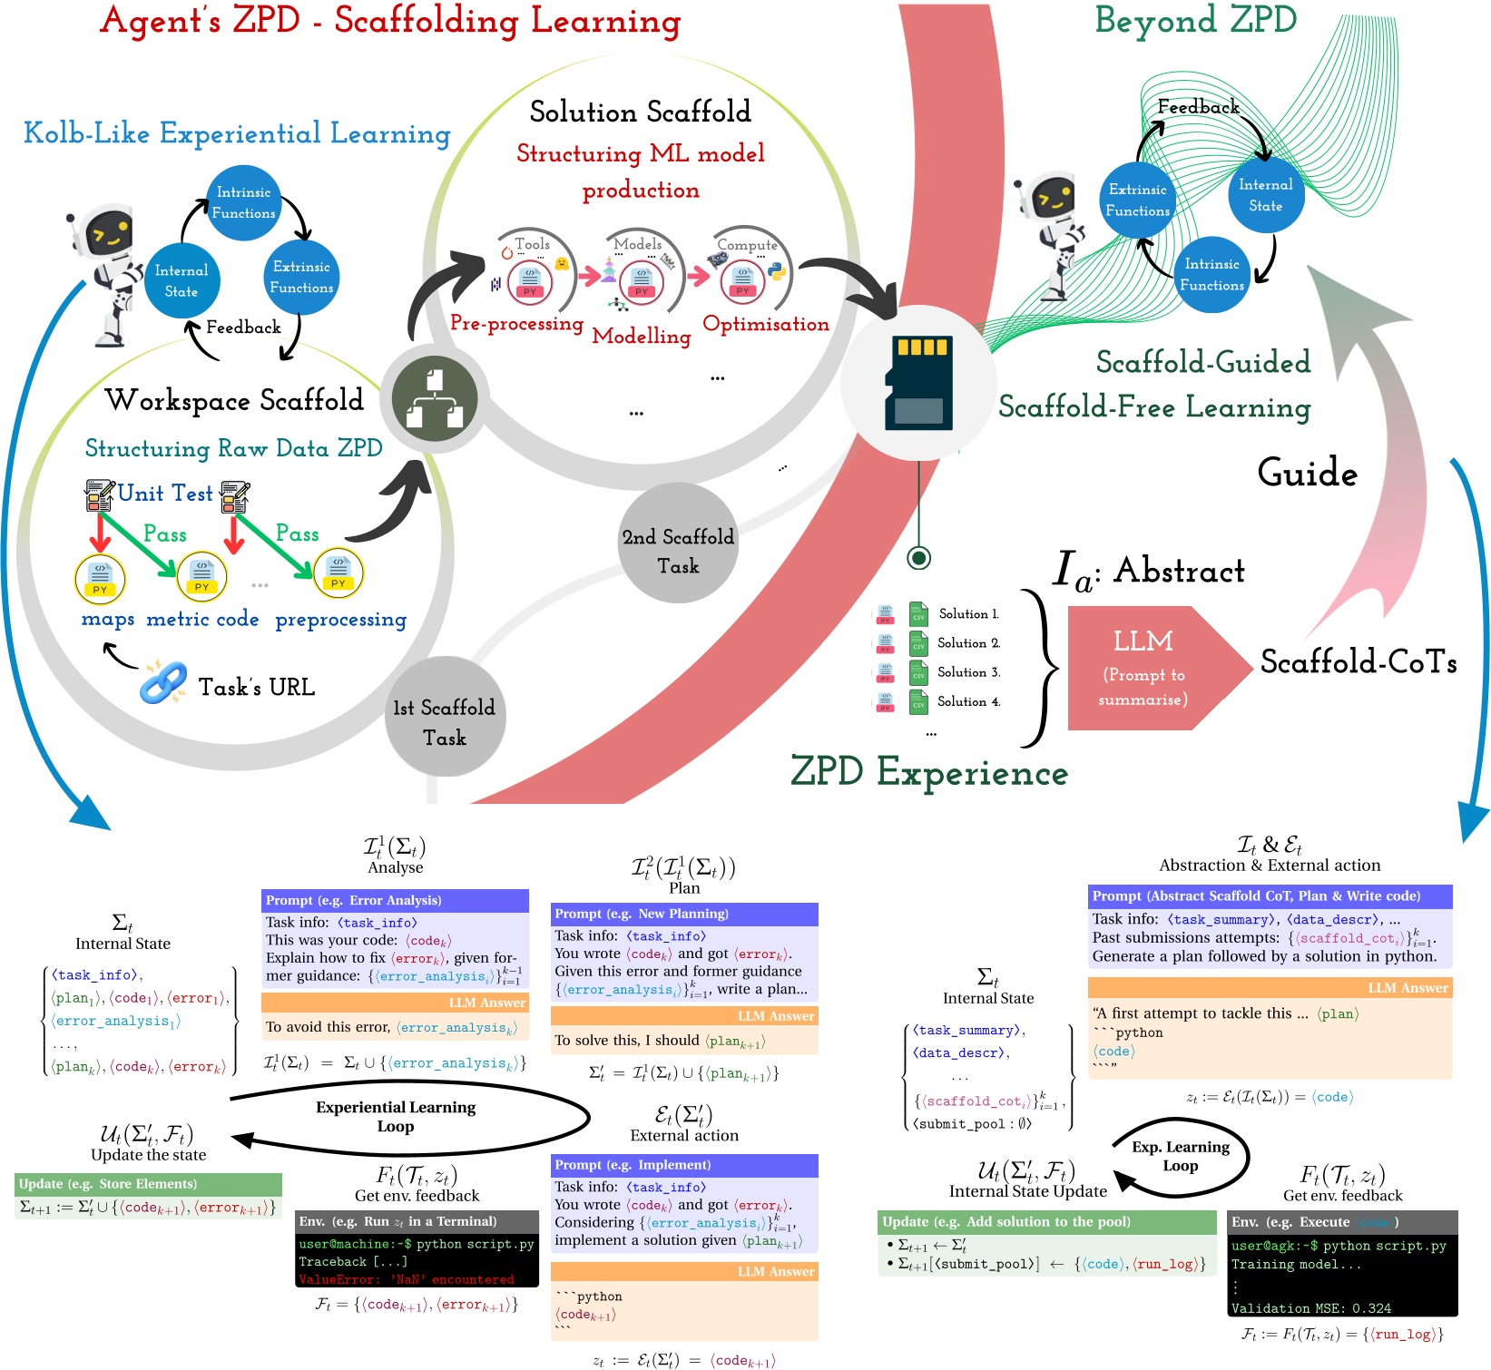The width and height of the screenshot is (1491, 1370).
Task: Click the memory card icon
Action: pos(918,383)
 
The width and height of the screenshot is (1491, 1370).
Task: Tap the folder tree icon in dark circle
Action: pos(435,398)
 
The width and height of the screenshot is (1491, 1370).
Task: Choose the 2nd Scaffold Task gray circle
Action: pos(678,550)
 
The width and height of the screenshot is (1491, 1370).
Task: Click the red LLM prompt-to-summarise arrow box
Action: pos(1146,669)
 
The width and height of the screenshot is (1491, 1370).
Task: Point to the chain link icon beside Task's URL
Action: pos(163,683)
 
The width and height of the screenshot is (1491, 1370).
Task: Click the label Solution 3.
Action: pos(968,672)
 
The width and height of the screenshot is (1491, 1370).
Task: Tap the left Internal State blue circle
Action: pos(181,281)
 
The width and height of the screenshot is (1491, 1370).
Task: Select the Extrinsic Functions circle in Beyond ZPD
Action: pos(1137,200)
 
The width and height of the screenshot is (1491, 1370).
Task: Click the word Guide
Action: pos(1307,474)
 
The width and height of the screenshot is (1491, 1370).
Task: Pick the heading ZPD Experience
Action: pos(928,772)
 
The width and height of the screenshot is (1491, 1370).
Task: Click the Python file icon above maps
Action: pos(100,578)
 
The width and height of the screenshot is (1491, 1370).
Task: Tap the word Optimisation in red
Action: pos(766,324)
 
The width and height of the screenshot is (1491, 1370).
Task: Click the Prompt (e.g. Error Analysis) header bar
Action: pos(395,900)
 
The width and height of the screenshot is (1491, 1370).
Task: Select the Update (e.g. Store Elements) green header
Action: pos(148,1183)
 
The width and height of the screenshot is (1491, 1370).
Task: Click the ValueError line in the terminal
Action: pos(406,1279)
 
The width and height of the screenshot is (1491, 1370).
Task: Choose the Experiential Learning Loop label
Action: pos(396,1116)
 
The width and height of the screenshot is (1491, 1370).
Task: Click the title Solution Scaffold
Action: pos(640,112)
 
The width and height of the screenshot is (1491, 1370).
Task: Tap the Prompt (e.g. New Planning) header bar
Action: pos(684,914)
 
